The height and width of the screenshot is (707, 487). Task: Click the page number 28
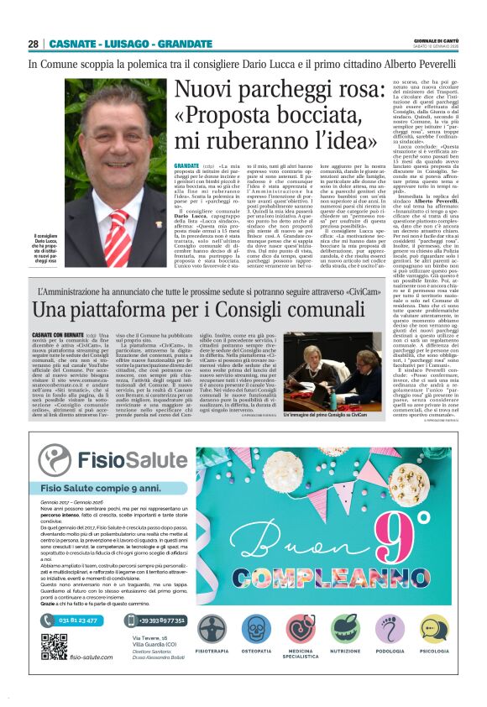[33, 44]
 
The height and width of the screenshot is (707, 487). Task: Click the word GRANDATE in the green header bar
[185, 44]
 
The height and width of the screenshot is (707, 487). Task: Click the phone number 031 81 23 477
[78, 620]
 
